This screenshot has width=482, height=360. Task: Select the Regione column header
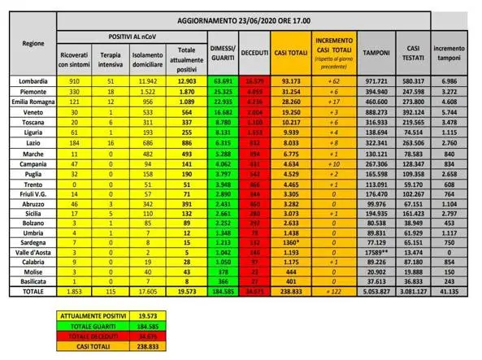34,42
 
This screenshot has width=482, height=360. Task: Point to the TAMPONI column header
376,50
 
